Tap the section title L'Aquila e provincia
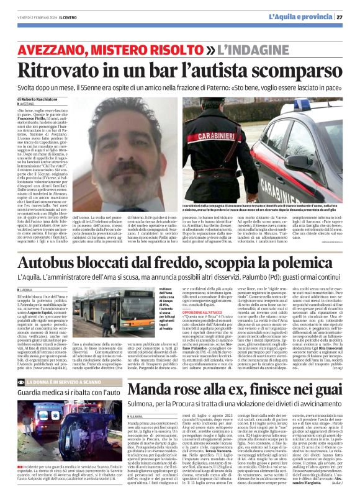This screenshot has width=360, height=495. pos(307,17)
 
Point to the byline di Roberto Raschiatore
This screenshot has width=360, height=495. pos(37,99)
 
